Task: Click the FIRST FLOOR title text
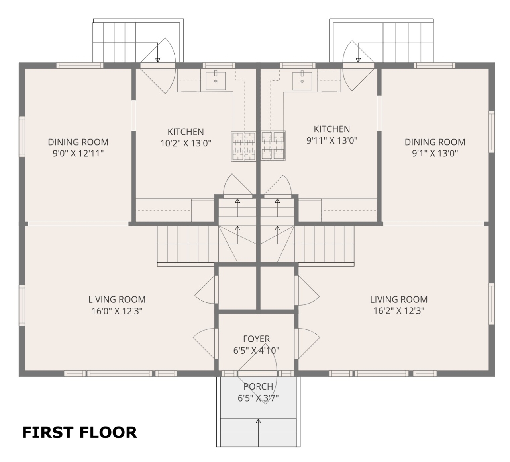pos(80,433)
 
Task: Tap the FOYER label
pos(256,339)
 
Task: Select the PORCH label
pos(258,386)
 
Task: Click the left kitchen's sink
pos(216,81)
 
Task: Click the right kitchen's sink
pos(302,81)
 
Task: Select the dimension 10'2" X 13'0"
pos(186,144)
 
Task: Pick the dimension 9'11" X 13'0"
pos(332,141)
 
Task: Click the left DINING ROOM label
pos(78,142)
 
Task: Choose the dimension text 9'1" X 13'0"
pos(435,154)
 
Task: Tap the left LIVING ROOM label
pos(117,300)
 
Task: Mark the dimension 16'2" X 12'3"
pos(399,311)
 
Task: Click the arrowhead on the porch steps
pos(258,421)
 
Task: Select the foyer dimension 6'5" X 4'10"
pos(256,351)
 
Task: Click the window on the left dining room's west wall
pos(22,136)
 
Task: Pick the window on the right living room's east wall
pos(492,304)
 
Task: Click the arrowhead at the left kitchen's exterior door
pos(158,60)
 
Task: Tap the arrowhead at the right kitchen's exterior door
pos(358,60)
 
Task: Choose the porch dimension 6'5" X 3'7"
pos(258,398)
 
